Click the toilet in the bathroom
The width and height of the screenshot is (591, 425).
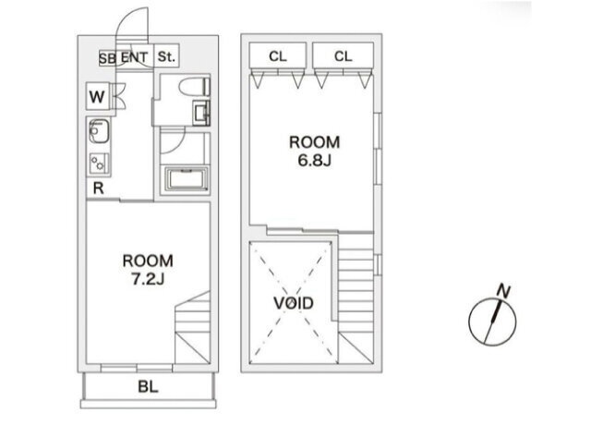pyautogui.click(x=195, y=87)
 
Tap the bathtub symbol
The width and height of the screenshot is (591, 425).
pyautogui.click(x=187, y=179)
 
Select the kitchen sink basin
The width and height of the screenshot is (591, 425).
pyautogui.click(x=99, y=130)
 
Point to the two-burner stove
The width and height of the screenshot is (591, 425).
pyautogui.click(x=99, y=164)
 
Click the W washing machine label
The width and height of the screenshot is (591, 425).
pyautogui.click(x=96, y=96)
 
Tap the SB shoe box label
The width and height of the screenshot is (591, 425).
pyautogui.click(x=107, y=58)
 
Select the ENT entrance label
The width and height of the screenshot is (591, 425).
pyautogui.click(x=134, y=57)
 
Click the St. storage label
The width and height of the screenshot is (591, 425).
pyautogui.click(x=166, y=57)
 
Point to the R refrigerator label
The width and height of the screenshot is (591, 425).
pyautogui.click(x=98, y=188)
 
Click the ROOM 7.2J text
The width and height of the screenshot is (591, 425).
pyautogui.click(x=148, y=270)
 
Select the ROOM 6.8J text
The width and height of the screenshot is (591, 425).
pyautogui.click(x=314, y=151)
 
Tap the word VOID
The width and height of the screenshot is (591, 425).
pyautogui.click(x=294, y=303)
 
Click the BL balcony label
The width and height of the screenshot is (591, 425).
pyautogui.click(x=148, y=387)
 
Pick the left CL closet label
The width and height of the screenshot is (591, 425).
pyautogui.click(x=278, y=56)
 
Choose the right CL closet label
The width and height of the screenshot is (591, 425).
pyautogui.click(x=343, y=56)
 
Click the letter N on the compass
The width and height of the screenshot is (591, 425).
pyautogui.click(x=503, y=291)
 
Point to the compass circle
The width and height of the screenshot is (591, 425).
pyautogui.click(x=492, y=322)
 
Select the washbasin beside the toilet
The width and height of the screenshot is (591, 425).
pyautogui.click(x=201, y=113)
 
